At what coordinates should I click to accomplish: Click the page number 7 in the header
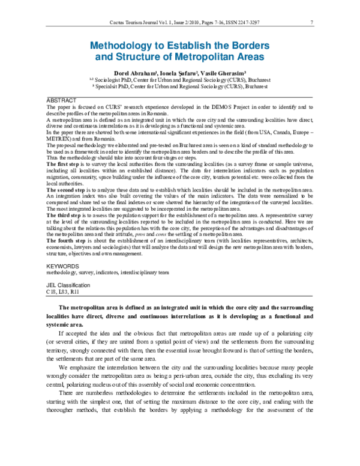(313, 23)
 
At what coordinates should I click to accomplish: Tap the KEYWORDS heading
(62, 265)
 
